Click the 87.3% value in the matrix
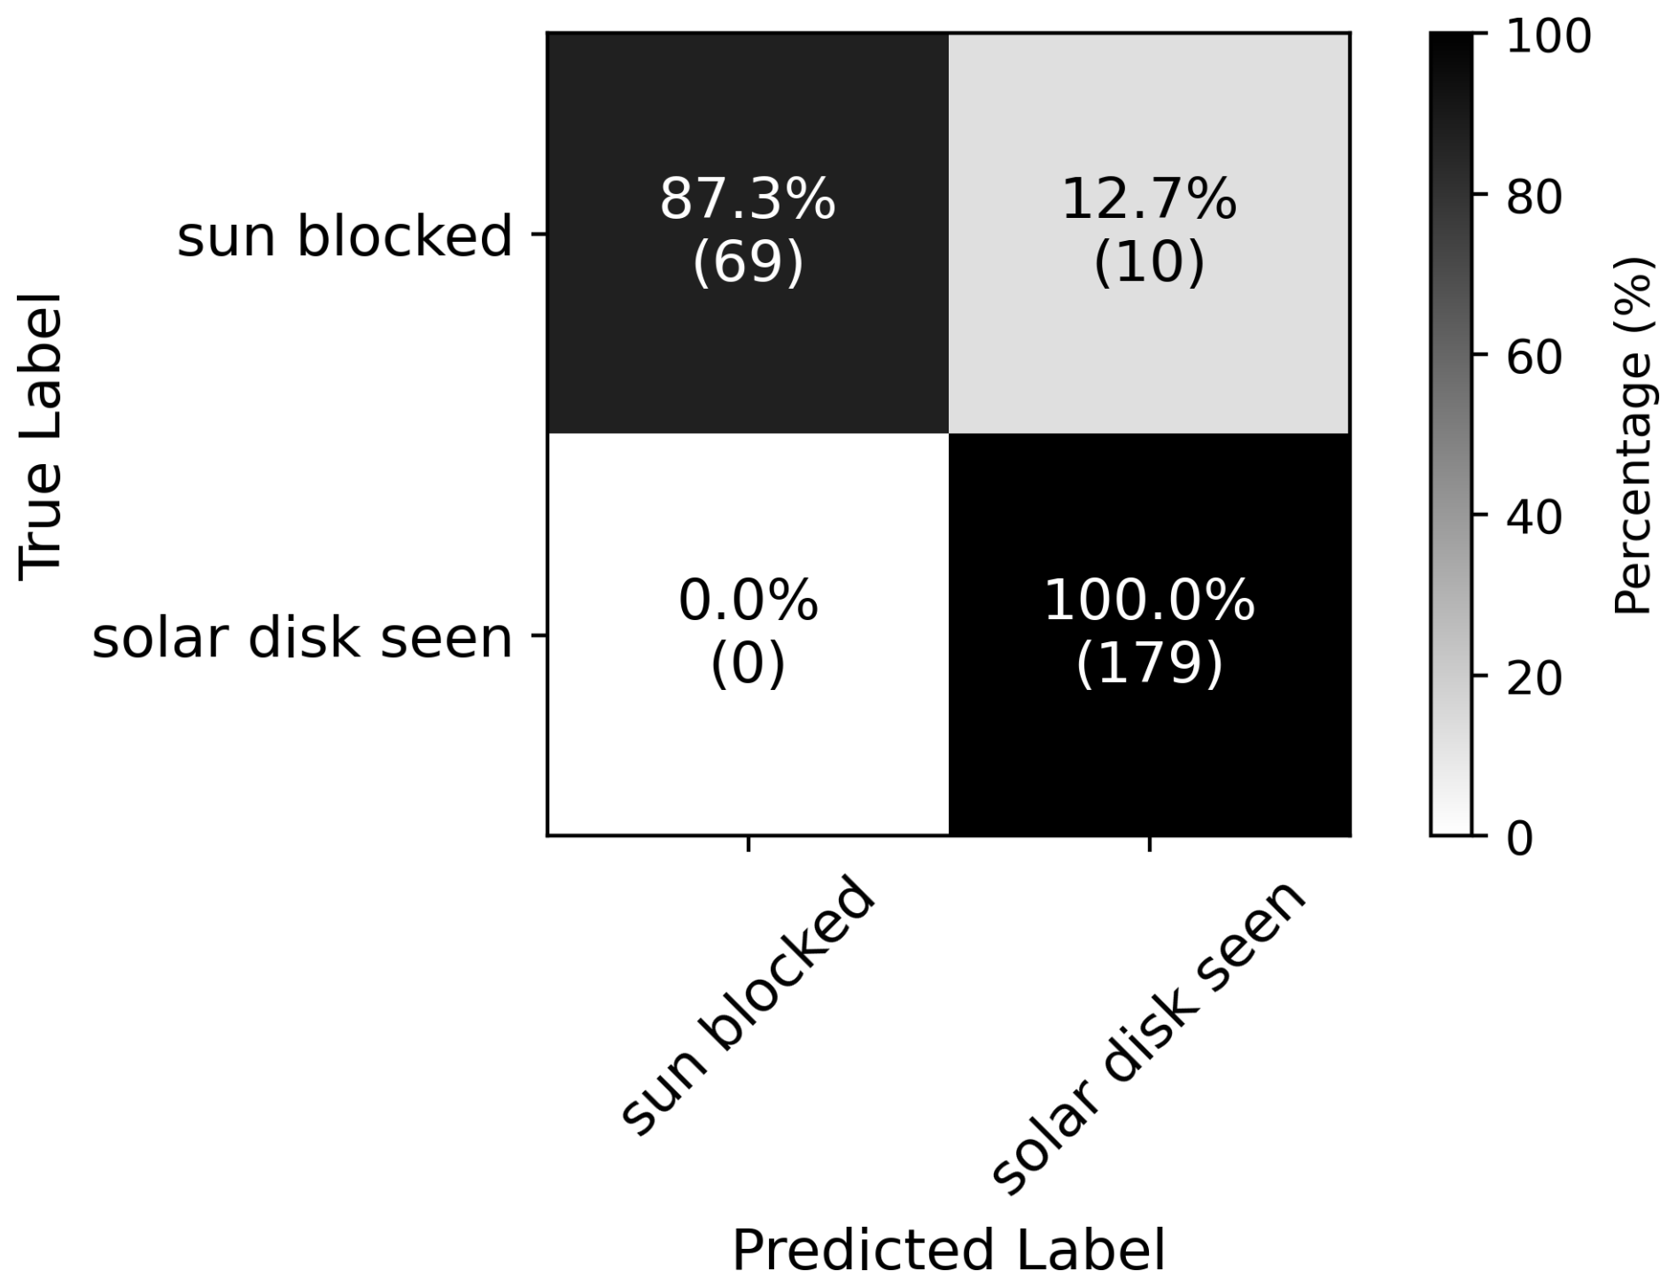click(748, 199)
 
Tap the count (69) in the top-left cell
click(748, 263)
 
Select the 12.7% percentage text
click(1149, 199)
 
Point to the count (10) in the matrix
click(1149, 263)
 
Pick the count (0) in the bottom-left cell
click(748, 664)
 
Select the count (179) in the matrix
click(1149, 664)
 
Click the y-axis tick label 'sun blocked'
click(345, 236)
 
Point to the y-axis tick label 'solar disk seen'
click(303, 638)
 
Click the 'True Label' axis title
click(41, 437)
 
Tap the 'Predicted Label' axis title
click(949, 1251)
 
